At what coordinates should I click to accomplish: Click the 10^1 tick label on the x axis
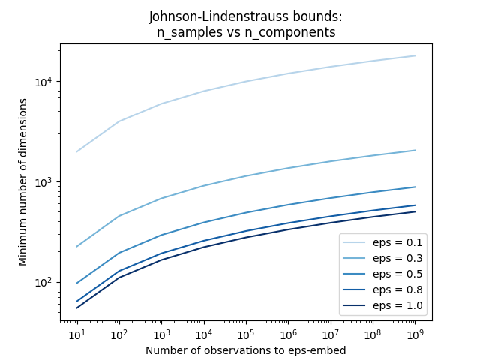pyautogui.click(x=76, y=333)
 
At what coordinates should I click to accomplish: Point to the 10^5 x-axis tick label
pyautogui.click(x=245, y=333)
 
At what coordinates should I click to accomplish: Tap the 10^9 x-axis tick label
pyautogui.click(x=415, y=333)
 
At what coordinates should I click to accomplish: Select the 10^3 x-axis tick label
pyautogui.click(x=161, y=333)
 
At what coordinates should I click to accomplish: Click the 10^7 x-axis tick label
pyautogui.click(x=330, y=333)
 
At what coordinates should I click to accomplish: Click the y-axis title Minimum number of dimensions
pyautogui.click(x=22, y=182)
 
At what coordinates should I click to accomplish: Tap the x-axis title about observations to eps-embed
pyautogui.click(x=245, y=349)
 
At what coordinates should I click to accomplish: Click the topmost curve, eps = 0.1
pyautogui.click(x=245, y=81)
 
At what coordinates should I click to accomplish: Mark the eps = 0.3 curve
pyautogui.click(x=245, y=176)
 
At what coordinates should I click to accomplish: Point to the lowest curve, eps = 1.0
pyautogui.click(x=245, y=237)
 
